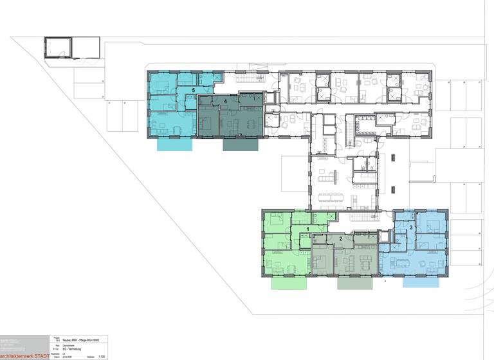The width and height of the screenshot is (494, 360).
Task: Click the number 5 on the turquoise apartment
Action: click(193, 90)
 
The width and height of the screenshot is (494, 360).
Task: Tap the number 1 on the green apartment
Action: click(307, 228)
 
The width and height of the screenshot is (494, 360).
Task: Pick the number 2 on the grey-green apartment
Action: click(340, 239)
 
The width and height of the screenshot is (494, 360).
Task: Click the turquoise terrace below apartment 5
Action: click(175, 145)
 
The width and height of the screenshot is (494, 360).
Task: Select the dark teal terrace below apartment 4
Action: click(241, 145)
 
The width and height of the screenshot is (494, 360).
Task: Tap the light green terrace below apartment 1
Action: click(289, 283)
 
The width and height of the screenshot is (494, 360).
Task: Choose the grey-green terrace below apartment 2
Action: click(354, 283)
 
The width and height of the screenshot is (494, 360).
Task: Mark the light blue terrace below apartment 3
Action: click(420, 282)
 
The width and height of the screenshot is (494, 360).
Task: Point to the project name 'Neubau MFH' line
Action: click(80, 338)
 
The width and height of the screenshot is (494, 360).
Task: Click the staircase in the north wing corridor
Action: click(250, 78)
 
